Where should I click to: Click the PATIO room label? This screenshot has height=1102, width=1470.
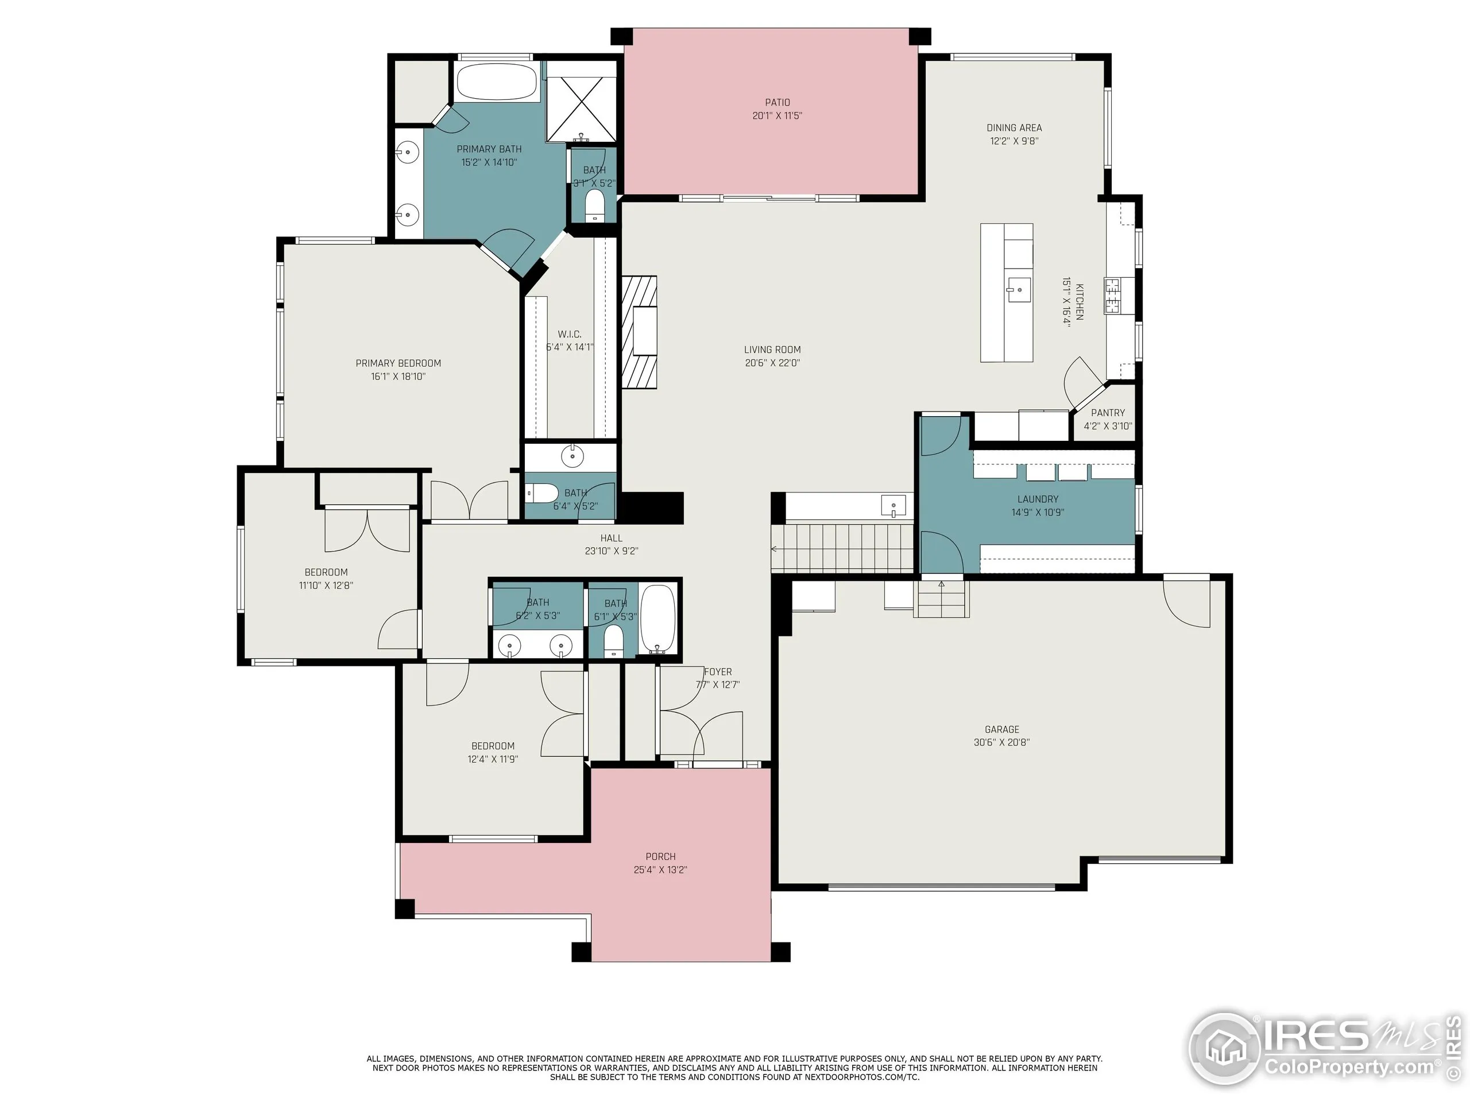pyautogui.click(x=777, y=102)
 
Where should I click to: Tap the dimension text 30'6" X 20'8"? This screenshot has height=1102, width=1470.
pyautogui.click(x=1001, y=743)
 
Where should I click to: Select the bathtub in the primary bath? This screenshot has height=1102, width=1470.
pyautogui.click(x=497, y=83)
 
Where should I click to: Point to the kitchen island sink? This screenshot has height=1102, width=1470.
pyautogui.click(x=1017, y=290)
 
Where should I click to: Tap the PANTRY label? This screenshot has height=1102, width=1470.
pyautogui.click(x=1108, y=413)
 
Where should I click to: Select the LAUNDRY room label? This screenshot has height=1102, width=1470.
pyautogui.click(x=1038, y=499)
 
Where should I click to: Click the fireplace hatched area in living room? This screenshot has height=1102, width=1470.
pyautogui.click(x=639, y=332)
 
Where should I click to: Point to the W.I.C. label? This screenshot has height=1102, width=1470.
pyautogui.click(x=570, y=334)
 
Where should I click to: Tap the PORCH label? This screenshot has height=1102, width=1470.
pyautogui.click(x=660, y=856)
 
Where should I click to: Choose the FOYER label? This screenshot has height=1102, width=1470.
pyautogui.click(x=718, y=672)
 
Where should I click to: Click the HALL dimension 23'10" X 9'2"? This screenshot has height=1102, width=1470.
pyautogui.click(x=612, y=550)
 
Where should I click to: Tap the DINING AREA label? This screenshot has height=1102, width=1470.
pyautogui.click(x=1013, y=127)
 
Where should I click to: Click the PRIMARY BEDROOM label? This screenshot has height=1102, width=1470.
pyautogui.click(x=398, y=363)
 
